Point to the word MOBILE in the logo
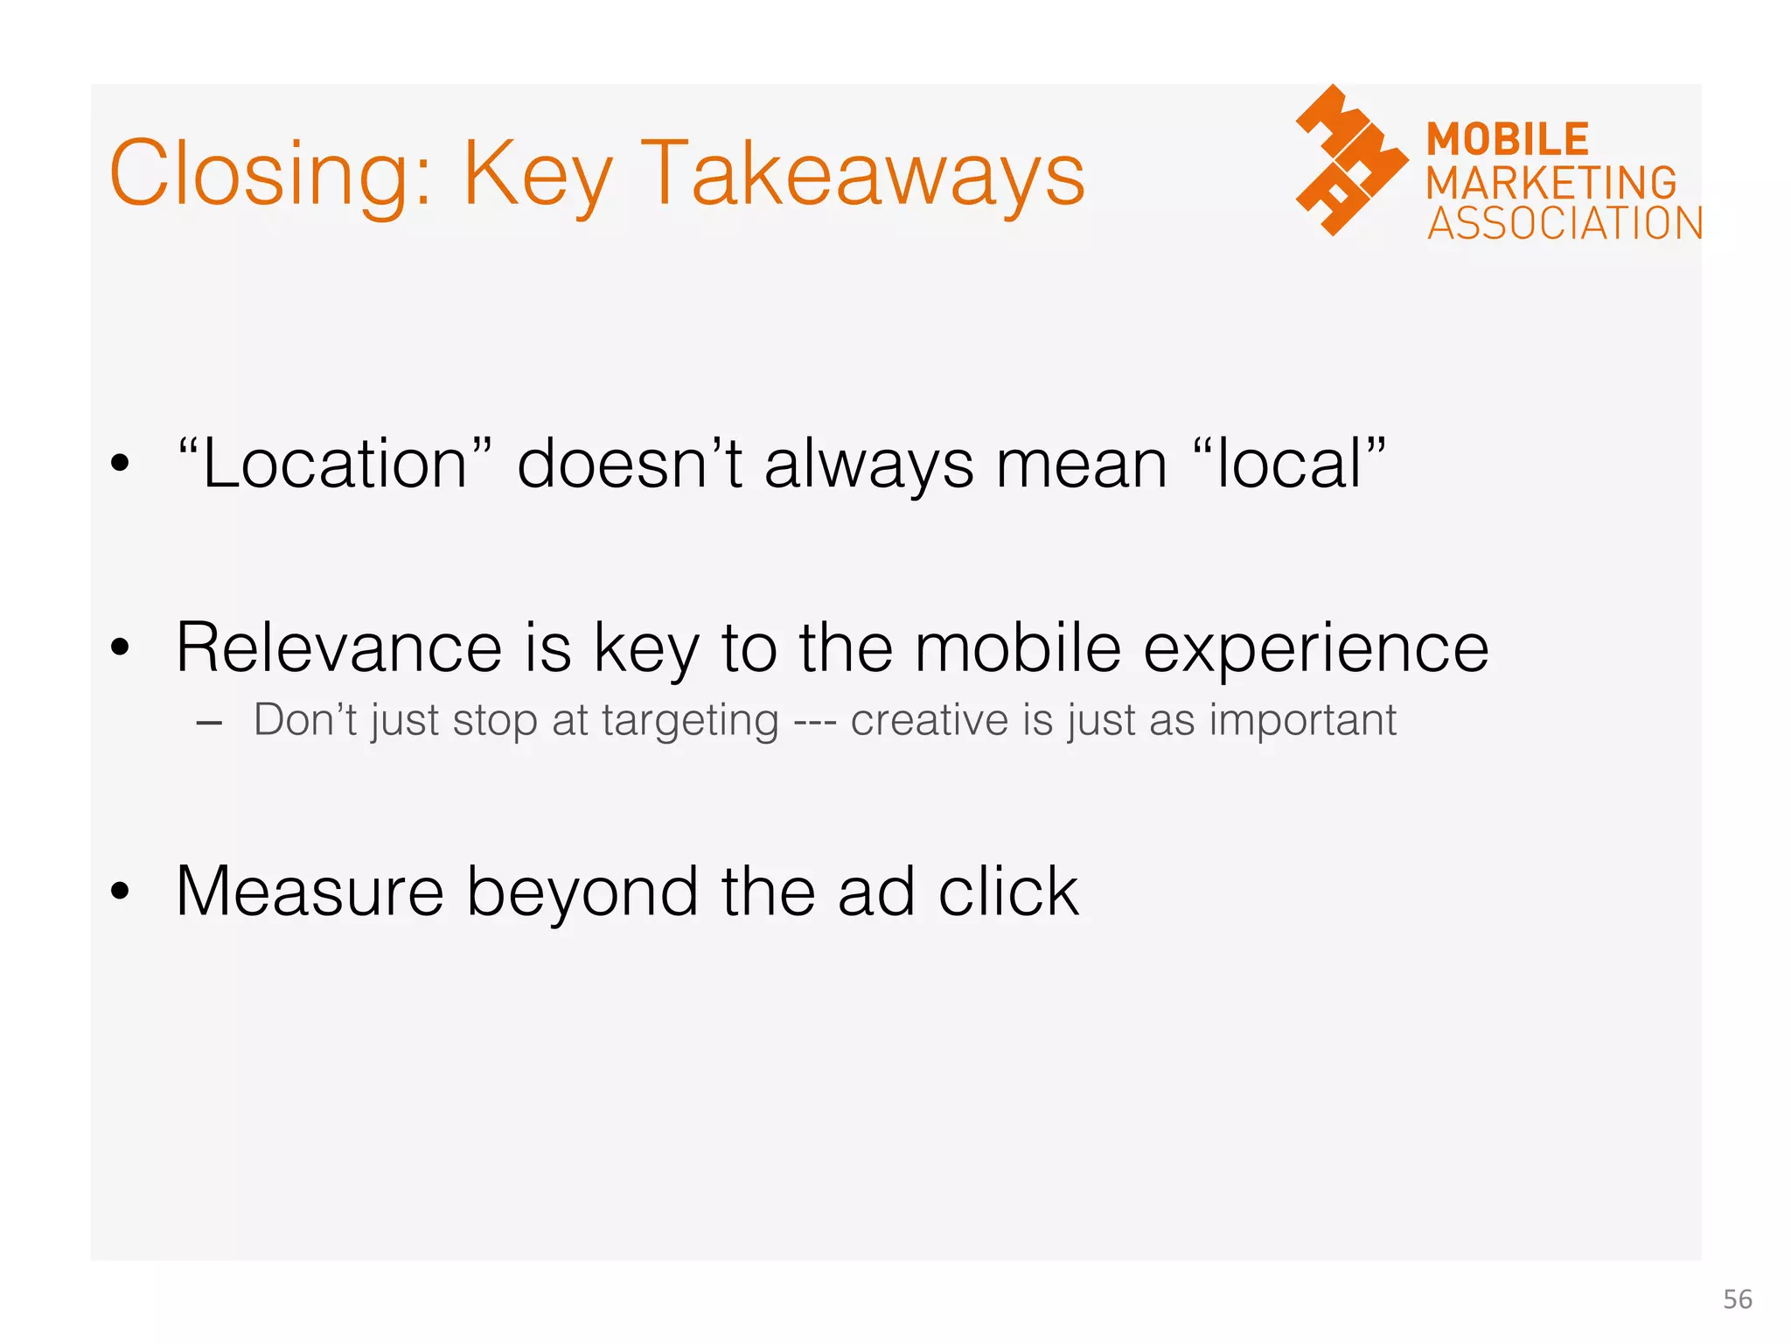click(1508, 140)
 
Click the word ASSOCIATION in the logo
click(1565, 223)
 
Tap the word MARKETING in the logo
click(1551, 183)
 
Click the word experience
click(1316, 650)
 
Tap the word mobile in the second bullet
click(1018, 648)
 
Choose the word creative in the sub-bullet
click(930, 720)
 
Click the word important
click(1302, 721)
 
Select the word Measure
click(310, 892)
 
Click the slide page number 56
click(1737, 1299)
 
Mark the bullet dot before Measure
click(120, 892)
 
